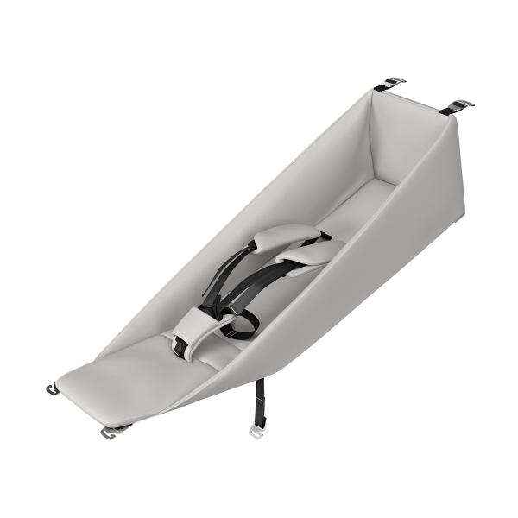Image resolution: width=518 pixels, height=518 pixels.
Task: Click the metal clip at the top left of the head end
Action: click(x=389, y=84)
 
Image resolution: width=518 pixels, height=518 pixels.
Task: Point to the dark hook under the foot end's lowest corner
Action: click(x=113, y=429)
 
